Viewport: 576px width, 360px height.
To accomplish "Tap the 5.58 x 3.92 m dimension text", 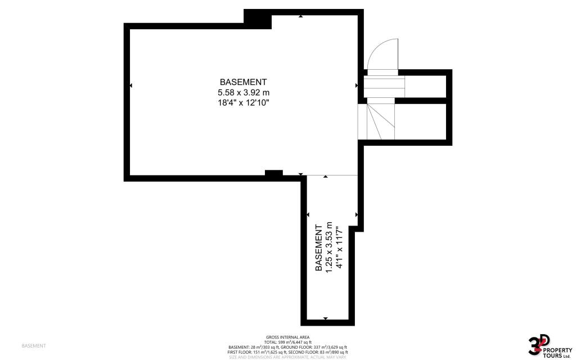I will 244,92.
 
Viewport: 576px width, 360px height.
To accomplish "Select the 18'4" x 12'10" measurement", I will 244,103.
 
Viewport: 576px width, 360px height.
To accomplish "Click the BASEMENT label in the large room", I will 244,82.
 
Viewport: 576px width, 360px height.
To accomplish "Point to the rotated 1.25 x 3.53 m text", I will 330,247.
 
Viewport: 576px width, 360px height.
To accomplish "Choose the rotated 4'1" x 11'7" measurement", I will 339,247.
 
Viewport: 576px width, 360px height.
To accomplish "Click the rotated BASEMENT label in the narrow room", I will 319,247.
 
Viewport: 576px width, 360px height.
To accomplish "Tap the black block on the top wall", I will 258,19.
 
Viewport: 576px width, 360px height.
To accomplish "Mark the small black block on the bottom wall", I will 273,174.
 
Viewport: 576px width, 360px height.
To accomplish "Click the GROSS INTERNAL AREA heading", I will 287,337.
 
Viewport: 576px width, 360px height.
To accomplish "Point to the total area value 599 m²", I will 287,342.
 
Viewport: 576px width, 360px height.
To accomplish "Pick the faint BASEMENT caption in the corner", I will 33,345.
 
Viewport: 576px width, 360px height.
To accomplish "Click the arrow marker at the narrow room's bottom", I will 326,319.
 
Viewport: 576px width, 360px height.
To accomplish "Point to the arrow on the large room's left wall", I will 131,85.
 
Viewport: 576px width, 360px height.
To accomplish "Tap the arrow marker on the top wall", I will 300,16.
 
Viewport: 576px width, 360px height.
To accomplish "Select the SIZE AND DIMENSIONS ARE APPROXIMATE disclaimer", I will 287,357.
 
